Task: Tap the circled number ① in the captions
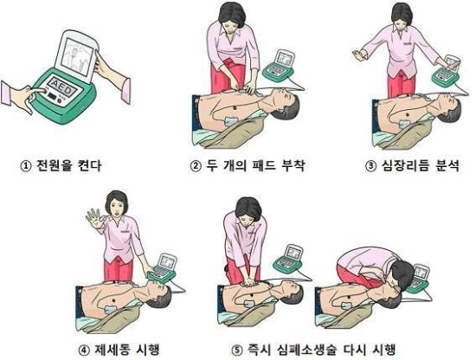point(26,166)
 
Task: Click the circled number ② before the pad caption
point(196,166)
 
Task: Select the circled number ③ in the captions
point(370,166)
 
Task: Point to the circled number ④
point(84,350)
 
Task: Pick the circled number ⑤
point(236,350)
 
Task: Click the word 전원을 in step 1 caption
point(55,166)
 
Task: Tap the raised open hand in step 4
point(95,218)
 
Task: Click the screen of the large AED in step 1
point(77,57)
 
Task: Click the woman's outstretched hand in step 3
point(359,55)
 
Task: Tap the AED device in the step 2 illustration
point(279,66)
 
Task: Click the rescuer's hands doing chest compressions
point(250,283)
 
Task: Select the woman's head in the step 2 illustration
point(232,16)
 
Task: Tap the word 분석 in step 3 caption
point(447,166)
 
